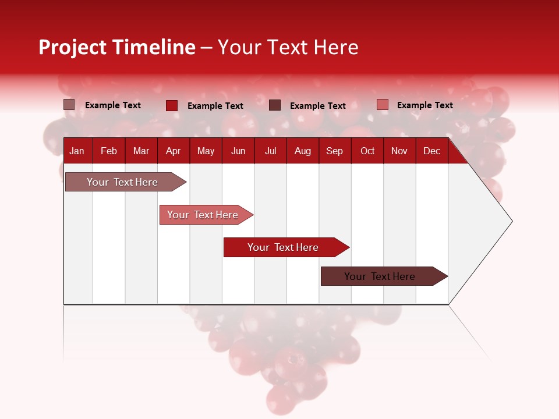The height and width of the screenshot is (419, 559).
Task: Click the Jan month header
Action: coord(77,151)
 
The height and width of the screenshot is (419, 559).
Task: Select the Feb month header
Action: coord(109,151)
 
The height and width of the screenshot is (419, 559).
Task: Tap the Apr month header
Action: coord(174,151)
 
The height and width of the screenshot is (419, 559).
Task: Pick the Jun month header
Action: coord(238,151)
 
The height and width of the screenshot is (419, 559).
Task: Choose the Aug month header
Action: coord(303,151)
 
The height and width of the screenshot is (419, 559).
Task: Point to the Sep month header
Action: coord(335,151)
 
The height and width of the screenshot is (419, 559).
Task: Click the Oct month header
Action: coord(367,151)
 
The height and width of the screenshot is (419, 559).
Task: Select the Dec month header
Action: coord(432,151)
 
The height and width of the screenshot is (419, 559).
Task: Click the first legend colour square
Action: coord(69,105)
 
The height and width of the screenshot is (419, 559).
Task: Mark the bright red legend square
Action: coord(172,105)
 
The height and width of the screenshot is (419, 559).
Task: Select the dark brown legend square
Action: coord(275,105)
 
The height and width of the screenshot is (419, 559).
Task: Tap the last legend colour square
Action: coord(383,105)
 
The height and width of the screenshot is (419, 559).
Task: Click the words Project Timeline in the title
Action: coord(117,47)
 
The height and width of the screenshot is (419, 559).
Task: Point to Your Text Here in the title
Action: coord(288,47)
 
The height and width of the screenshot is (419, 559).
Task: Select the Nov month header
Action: coord(399,151)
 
